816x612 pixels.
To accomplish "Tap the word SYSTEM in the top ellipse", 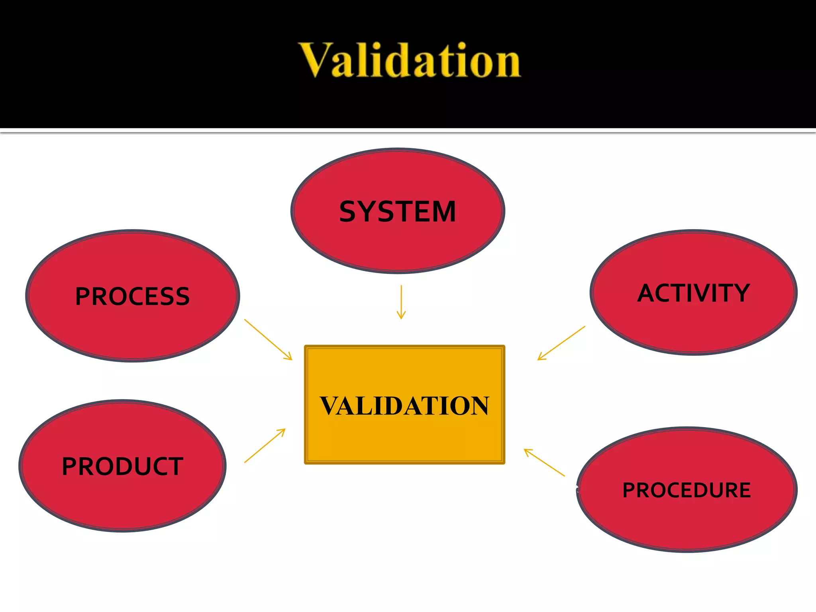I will point(398,212).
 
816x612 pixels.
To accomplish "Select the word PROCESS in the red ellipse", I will point(132,296).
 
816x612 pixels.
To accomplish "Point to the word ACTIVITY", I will point(694,293).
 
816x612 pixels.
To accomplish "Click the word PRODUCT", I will point(122,466).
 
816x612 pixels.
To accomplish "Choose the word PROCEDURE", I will point(687,490).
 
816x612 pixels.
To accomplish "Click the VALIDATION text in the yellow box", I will point(404,406).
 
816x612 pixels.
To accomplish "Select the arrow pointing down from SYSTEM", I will point(401,302).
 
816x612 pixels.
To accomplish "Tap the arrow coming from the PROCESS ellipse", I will point(268,339).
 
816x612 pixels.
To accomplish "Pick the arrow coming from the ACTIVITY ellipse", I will point(561,343).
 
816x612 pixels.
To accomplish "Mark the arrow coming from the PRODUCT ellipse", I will point(265,445).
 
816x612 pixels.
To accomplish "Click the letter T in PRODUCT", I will point(174,466).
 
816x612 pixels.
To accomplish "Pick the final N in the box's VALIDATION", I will point(478,406).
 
